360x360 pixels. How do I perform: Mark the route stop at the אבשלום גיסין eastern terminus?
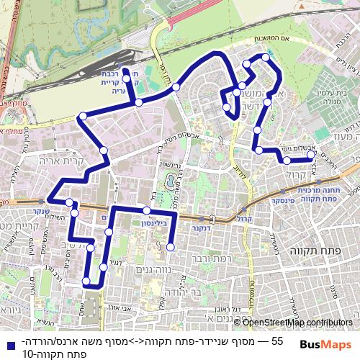[311, 154]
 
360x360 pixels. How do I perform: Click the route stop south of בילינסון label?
[170, 248]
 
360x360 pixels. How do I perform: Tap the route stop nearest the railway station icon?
[125, 71]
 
